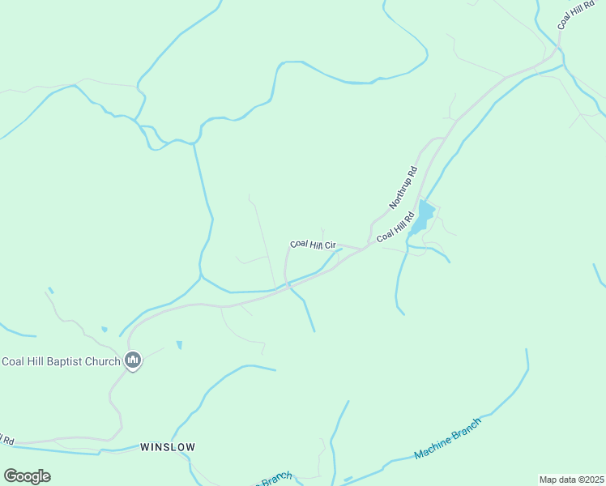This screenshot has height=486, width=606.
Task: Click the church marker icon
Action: coord(134,360)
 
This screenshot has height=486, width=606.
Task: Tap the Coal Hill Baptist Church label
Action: coord(61,361)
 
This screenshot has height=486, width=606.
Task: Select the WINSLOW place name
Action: coord(168,446)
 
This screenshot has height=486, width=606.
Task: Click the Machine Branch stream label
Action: coord(447,439)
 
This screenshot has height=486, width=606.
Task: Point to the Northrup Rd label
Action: coord(403,187)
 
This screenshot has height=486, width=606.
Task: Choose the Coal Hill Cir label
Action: coord(314,244)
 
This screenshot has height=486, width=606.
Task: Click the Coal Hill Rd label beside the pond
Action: coord(395,227)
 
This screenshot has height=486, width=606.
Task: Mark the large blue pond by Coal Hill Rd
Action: coord(425,215)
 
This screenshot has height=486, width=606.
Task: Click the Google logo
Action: coord(27,476)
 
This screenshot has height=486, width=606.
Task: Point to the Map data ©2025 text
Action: coord(572,480)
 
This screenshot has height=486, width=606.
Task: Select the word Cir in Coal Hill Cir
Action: coord(331,245)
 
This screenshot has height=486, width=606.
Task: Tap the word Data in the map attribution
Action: coord(564,480)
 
